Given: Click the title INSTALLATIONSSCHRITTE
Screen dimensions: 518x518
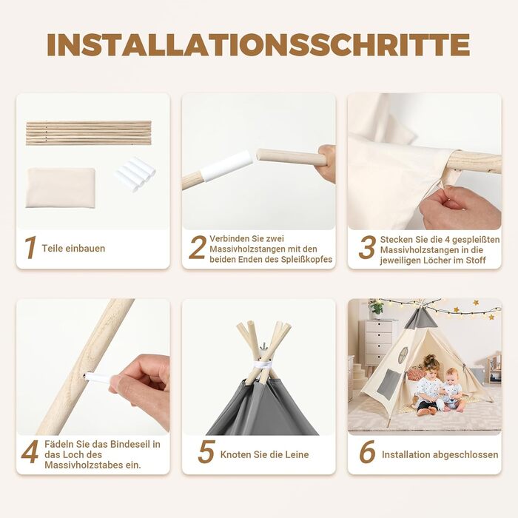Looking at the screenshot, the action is (258, 44).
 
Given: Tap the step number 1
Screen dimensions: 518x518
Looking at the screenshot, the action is (30, 247).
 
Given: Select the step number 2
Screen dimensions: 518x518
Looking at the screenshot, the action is (198, 247).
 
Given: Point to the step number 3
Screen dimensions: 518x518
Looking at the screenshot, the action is (367, 247).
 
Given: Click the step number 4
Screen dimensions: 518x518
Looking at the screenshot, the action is (30, 451).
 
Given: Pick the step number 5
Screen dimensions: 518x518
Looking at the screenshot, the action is (206, 451).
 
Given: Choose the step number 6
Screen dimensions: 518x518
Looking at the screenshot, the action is (367, 451).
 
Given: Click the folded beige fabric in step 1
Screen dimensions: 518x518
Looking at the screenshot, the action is (61, 188).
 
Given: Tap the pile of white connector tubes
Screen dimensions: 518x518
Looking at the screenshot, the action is (135, 174).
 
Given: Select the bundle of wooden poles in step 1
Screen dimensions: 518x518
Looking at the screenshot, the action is (89, 132).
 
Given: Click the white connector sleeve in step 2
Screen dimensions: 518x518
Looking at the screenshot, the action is (226, 166).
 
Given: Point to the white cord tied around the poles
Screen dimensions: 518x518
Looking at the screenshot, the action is (263, 365).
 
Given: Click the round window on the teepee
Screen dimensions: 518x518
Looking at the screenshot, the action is (403, 355).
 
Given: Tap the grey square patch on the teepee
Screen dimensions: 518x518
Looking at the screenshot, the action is (388, 385).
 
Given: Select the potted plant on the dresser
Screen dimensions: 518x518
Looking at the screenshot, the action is (376, 308).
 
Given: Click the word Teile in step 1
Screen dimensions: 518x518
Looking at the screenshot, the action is (53, 249).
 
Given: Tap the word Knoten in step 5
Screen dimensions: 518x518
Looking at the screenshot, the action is (235, 454).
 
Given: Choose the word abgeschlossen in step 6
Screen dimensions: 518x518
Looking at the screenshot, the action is (465, 455).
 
